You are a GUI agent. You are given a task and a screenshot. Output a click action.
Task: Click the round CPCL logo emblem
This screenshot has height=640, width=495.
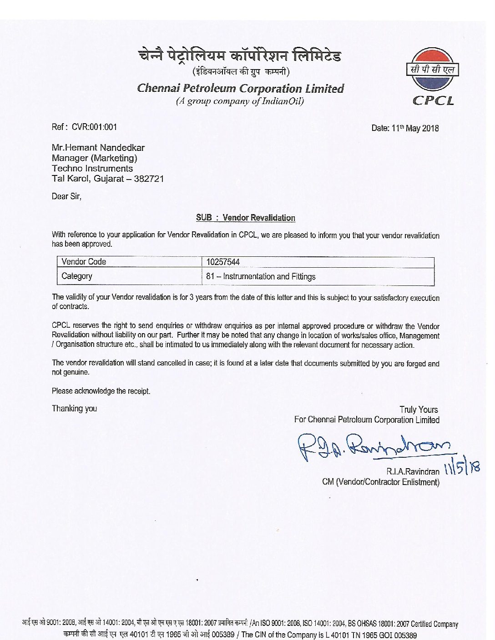pos(432,70)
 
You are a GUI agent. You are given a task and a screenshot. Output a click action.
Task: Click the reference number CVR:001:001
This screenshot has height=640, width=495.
pos(94,127)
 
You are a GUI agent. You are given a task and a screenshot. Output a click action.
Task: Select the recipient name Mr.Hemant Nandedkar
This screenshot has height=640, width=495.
pos(98,148)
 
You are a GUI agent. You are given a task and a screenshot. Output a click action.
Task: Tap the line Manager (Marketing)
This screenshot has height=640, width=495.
pos(94,158)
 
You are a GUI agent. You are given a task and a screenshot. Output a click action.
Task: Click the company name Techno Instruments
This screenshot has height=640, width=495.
pos(92,168)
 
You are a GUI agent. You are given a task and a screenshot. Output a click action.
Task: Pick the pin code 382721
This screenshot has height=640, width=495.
pos(149,179)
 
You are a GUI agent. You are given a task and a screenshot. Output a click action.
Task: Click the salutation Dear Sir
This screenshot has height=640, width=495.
pos(66,196)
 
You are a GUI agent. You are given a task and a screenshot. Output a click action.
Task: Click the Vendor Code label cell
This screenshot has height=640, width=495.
pos(84,262)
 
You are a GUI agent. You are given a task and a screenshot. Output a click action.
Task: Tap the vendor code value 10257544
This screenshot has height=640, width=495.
pos(223,262)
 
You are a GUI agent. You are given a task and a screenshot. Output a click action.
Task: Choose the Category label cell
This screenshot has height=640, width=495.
pos(77,276)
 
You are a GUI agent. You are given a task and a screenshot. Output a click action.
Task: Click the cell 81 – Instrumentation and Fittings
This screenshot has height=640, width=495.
pos(261,276)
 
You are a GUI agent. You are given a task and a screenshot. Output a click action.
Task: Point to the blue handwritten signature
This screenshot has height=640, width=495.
pos(373,445)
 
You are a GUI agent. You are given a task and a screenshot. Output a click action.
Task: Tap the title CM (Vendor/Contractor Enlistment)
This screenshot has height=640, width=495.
pos(381,482)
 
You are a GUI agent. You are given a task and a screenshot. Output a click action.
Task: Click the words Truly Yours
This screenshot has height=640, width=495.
pos(419,410)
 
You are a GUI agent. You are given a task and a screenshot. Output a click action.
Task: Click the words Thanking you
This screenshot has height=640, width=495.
pos(74,408)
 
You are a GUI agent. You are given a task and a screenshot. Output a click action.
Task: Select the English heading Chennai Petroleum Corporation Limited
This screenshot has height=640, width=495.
pos(240,88)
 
